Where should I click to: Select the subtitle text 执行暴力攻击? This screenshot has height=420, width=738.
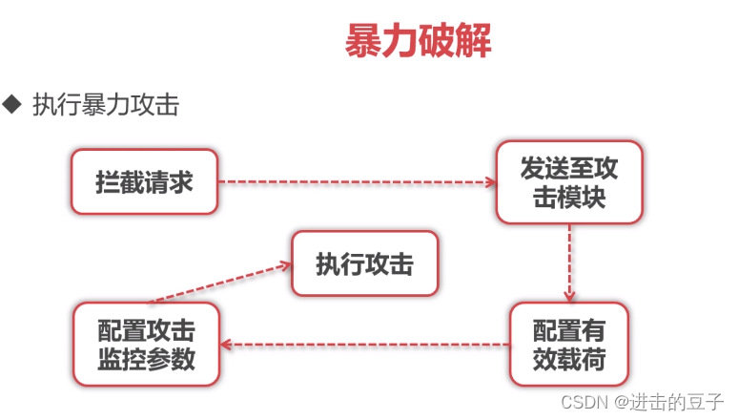point(105,104)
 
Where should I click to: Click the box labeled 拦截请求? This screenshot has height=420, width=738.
point(144,181)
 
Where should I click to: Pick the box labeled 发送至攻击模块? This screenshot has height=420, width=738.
point(569,182)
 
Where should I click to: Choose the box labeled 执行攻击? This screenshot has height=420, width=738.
point(364,264)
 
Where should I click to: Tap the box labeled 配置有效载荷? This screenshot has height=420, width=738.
point(568,344)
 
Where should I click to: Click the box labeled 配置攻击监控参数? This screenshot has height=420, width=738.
point(146,344)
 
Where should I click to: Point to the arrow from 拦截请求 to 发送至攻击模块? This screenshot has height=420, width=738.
point(358,181)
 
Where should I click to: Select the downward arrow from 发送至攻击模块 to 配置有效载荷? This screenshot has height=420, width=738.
point(569,262)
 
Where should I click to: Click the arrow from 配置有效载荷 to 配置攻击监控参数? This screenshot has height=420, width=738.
point(365,344)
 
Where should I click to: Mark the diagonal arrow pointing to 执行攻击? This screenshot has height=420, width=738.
point(219,283)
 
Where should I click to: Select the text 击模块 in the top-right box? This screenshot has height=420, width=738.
point(569,197)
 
